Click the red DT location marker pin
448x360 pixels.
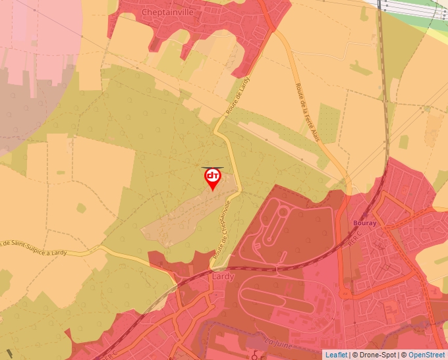(213, 178)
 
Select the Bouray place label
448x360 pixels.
(364, 223)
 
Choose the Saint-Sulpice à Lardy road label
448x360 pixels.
(36, 247)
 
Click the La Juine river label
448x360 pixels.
(277, 342)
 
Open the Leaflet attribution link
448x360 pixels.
(336, 355)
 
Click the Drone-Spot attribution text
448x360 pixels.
(374, 355)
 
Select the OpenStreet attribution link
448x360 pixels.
(427, 355)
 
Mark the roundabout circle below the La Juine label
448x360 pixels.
(255, 356)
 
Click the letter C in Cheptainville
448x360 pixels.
(145, 12)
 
